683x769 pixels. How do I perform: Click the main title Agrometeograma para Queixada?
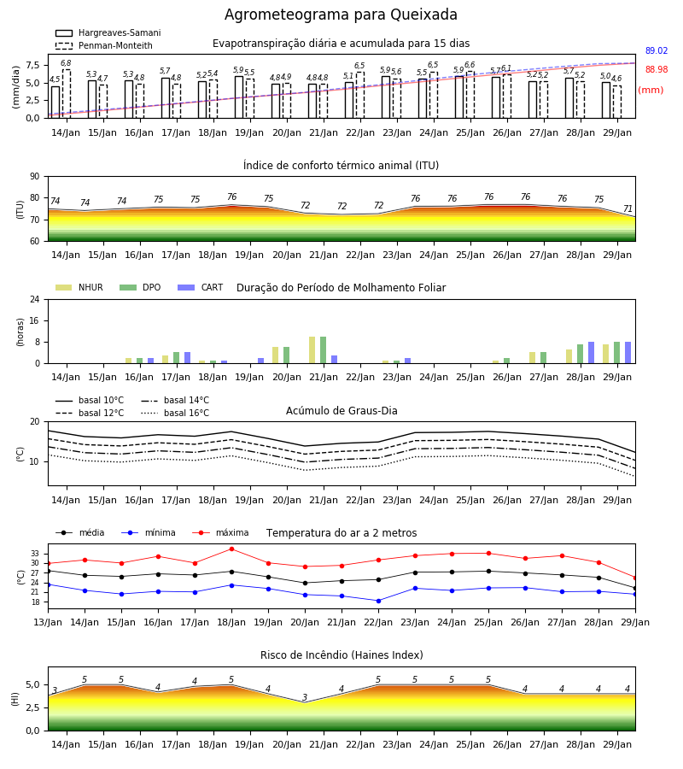tap(341, 15)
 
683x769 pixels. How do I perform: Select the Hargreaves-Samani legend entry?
tap(108, 32)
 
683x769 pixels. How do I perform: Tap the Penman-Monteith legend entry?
tap(104, 45)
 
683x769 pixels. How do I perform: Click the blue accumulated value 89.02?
tap(657, 50)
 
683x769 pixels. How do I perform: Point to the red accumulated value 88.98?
tap(657, 70)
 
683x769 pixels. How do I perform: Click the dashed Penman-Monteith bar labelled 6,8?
tap(66, 94)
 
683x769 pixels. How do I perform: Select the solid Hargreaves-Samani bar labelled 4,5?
tap(55, 102)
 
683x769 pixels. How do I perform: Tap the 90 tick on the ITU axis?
tap(35, 177)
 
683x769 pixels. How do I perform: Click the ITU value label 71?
tap(628, 209)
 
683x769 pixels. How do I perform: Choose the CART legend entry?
tap(201, 287)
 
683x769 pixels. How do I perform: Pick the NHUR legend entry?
tap(79, 287)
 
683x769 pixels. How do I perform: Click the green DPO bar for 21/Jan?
tap(324, 350)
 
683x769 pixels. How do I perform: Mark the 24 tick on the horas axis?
tap(35, 299)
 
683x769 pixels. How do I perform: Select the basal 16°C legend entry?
tap(175, 413)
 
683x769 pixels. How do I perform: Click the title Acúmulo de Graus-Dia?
tap(341, 410)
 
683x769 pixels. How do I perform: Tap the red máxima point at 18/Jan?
tap(231, 549)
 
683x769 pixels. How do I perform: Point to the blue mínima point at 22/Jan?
tap(379, 601)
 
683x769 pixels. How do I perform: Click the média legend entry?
tap(80, 532)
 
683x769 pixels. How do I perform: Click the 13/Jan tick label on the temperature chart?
tap(48, 622)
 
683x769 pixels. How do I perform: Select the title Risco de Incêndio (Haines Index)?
tap(341, 655)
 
